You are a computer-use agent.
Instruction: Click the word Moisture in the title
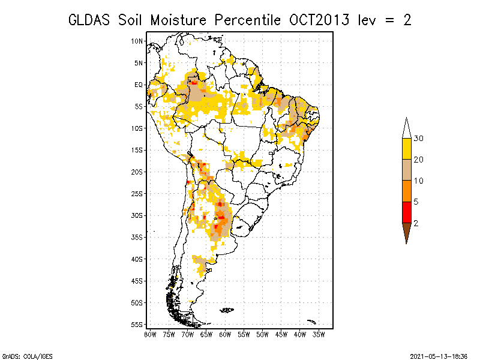pos(178,20)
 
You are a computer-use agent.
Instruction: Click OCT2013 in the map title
pos(319,20)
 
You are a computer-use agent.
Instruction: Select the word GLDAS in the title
pos(89,20)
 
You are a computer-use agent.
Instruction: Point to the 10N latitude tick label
pos(137,41)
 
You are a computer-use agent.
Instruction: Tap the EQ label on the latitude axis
pos(139,85)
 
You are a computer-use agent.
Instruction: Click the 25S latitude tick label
pos(137,194)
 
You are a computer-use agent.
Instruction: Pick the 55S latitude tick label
pos(137,325)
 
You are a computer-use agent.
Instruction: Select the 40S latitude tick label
pos(137,259)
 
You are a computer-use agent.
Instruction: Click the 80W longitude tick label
pos(150,335)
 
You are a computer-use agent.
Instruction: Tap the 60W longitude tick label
pos(225,335)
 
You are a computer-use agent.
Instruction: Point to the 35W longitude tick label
pos(319,335)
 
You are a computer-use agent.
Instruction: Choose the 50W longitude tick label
pos(262,335)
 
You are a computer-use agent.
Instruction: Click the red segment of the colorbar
pos(407,212)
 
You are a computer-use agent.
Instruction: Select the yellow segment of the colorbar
pos(407,149)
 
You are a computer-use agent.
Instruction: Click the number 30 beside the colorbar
pos(418,139)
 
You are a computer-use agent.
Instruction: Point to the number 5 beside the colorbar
pos(416,202)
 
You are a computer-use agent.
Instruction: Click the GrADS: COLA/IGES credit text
pos(27,356)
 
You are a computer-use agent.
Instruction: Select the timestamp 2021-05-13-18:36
pos(439,356)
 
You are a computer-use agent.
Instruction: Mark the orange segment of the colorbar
pos(407,191)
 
